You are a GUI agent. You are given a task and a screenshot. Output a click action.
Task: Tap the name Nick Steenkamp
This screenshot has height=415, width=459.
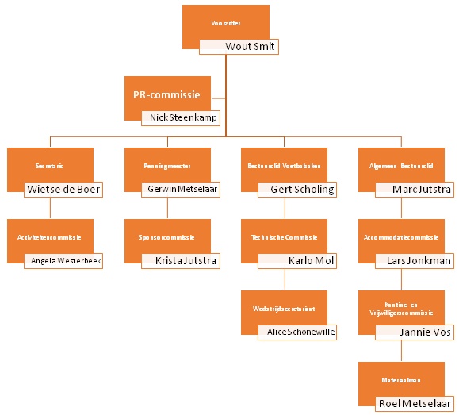[181, 118]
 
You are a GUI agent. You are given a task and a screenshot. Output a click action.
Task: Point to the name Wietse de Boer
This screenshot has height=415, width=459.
[64, 190]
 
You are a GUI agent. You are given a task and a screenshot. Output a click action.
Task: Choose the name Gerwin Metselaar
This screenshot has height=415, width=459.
[181, 190]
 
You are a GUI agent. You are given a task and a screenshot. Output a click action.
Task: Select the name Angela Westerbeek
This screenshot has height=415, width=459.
[66, 260]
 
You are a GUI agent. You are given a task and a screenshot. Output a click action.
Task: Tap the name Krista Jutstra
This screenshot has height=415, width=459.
[181, 260]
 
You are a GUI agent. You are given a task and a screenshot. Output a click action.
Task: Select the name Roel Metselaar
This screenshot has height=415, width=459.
[415, 403]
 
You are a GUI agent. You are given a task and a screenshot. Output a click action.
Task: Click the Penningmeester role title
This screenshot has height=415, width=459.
[167, 167]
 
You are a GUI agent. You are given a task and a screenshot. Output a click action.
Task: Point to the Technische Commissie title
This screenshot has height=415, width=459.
[284, 237]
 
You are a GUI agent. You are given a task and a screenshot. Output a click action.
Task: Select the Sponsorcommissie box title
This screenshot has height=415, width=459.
[167, 237]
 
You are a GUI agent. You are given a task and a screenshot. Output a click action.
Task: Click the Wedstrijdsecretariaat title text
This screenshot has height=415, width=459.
[284, 309]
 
